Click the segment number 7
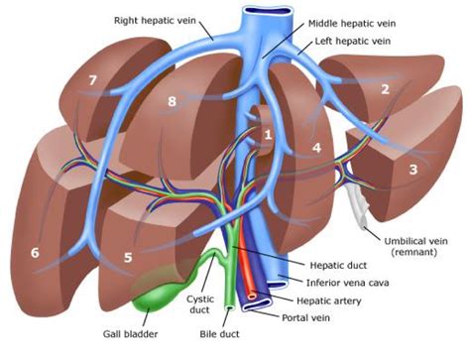click(x=93, y=79)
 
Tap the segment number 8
click(x=173, y=101)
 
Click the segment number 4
click(x=317, y=149)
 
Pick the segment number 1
click(x=267, y=132)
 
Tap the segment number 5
click(x=128, y=258)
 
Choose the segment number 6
click(x=36, y=253)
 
